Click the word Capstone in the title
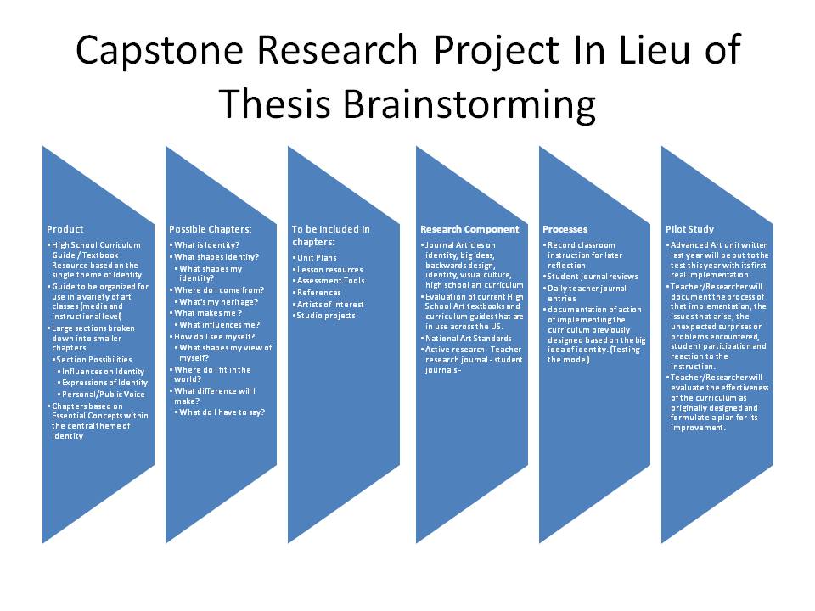160,50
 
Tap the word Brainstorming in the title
469,104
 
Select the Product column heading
65,229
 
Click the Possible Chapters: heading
210,229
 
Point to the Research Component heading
469,229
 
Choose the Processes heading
565,229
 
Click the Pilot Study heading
689,229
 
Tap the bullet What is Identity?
206,245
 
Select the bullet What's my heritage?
218,302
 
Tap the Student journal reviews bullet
593,277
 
